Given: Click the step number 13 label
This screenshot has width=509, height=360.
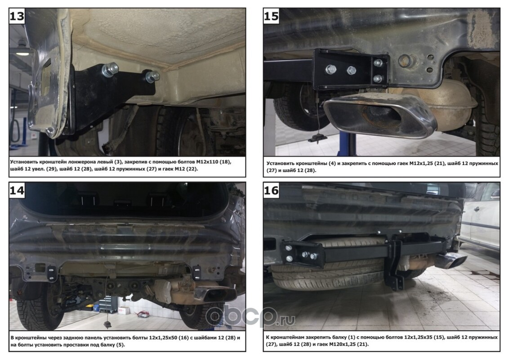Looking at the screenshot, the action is (17, 16).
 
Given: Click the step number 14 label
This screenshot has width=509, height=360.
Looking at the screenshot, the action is (17, 190).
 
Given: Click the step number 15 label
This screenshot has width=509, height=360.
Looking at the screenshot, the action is (271, 16).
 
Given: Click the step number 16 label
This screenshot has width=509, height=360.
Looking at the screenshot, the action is (271, 190).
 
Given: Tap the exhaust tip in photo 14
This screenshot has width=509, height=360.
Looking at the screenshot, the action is (215, 293).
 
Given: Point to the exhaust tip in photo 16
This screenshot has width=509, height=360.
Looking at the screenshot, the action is (451, 261).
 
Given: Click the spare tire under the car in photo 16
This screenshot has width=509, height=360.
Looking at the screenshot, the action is (338, 266).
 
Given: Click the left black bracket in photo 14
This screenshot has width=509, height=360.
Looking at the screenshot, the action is (52, 273).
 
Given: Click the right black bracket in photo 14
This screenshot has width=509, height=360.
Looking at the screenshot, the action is (196, 272).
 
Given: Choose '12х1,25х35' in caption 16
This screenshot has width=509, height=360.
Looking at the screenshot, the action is (419, 337).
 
